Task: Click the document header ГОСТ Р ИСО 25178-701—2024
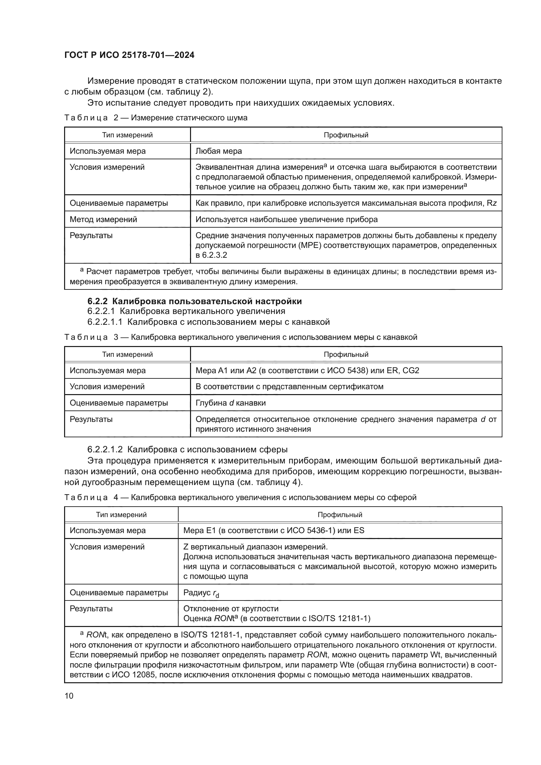pos(129,55)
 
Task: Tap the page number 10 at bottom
pos(69,696)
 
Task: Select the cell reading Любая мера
pos(218,151)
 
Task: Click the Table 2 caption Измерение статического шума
pos(189,118)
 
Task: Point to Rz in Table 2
pos(491,203)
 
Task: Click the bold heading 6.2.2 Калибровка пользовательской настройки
pos(195,301)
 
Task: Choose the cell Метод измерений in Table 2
pos(103,219)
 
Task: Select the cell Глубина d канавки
pos(231,403)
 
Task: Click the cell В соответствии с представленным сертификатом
pos(289,387)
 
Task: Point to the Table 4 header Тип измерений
pos(121,515)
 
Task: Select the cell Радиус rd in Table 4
pos(201,593)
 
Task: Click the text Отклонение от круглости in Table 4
pos(231,609)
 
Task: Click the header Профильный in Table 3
pos(346,355)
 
